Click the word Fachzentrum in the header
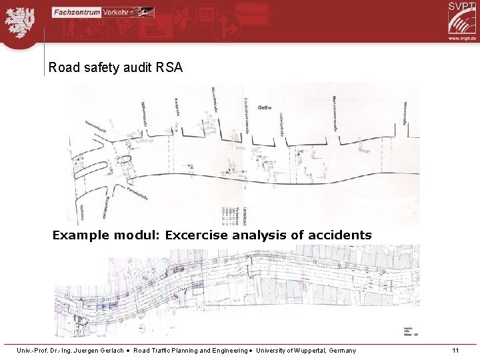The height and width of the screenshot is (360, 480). click(x=76, y=11)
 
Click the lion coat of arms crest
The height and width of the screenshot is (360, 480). click(x=21, y=21)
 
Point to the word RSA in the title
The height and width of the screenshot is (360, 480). click(x=168, y=67)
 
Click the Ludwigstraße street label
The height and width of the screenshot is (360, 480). click(x=283, y=117)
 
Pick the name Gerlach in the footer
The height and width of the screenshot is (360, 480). click(x=116, y=351)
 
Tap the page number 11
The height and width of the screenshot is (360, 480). click(x=455, y=351)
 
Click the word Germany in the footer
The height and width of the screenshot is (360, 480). click(x=342, y=351)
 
